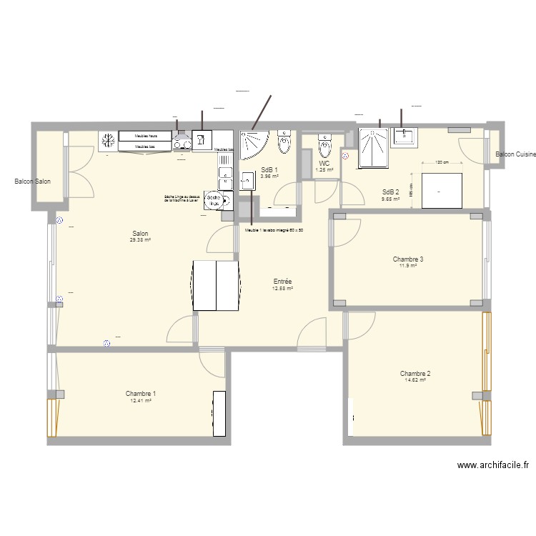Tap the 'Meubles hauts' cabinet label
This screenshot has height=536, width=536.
click(x=145, y=135)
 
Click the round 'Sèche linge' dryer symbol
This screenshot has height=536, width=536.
click(x=214, y=200)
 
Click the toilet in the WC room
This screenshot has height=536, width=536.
click(x=325, y=147)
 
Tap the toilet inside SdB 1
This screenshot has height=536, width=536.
click(x=284, y=143)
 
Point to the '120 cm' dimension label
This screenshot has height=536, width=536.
click(x=442, y=162)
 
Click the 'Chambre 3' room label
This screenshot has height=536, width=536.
click(x=408, y=259)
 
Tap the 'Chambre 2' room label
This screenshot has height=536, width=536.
click(x=415, y=373)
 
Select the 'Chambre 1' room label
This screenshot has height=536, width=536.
click(x=141, y=393)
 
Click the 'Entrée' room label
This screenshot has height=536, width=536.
click(x=282, y=282)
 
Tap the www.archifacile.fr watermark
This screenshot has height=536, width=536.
click(x=492, y=465)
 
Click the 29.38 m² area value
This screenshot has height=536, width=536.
click(x=140, y=240)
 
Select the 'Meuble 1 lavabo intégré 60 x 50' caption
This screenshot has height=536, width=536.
click(x=274, y=230)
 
